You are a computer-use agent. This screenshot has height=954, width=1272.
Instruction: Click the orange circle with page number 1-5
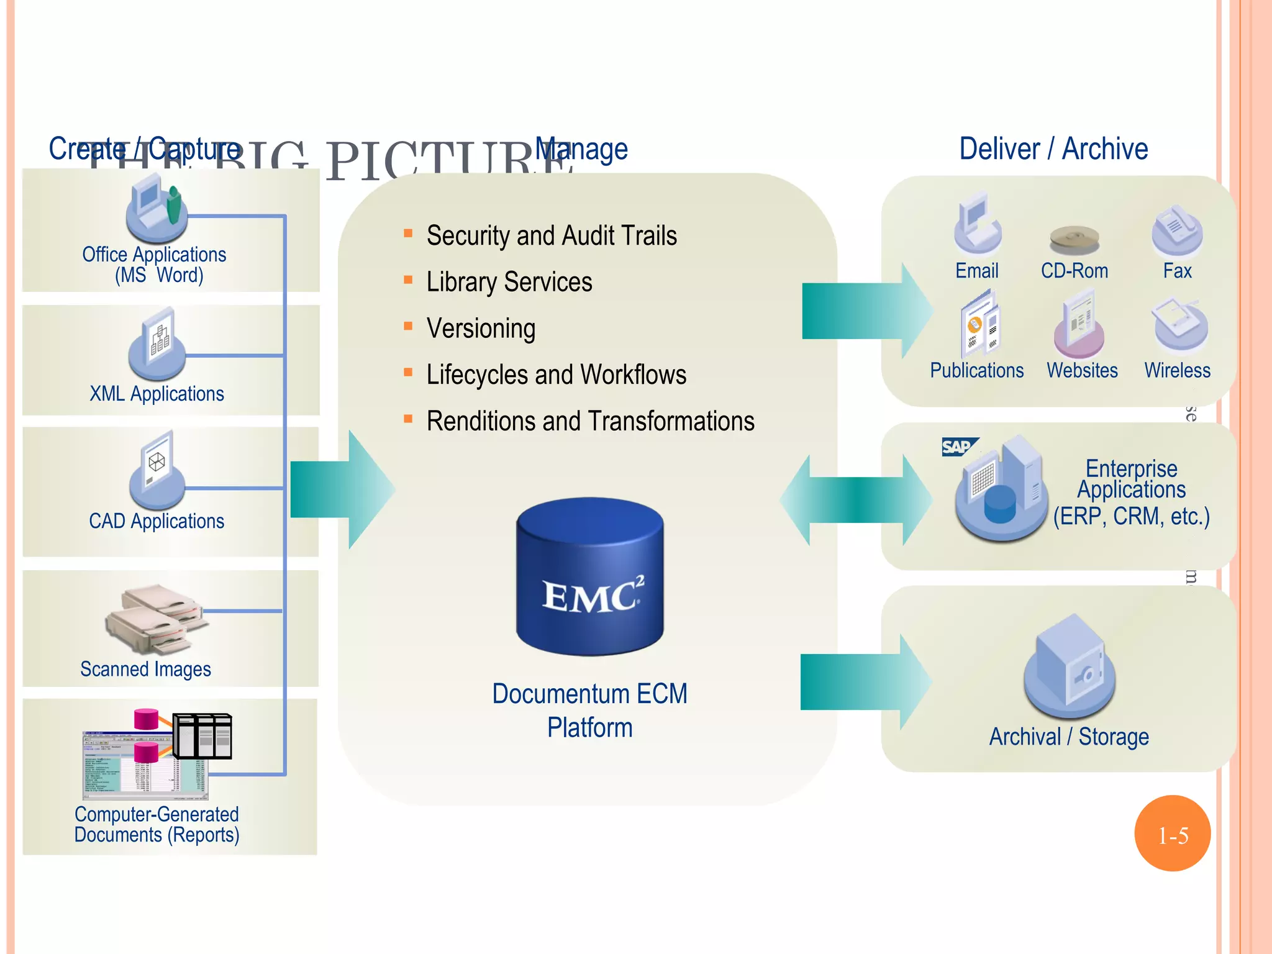tap(1172, 834)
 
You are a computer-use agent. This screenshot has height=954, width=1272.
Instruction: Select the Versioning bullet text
tap(481, 328)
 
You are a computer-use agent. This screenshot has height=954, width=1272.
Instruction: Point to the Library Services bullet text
tap(509, 282)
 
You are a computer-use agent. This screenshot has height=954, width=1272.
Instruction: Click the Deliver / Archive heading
tap(1053, 149)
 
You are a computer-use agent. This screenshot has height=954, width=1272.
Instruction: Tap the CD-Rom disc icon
tap(1074, 239)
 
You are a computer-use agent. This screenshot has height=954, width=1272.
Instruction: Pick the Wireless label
tap(1177, 370)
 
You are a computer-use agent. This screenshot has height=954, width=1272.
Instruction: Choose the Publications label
tap(976, 370)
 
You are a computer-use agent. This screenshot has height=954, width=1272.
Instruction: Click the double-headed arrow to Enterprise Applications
tap(856, 500)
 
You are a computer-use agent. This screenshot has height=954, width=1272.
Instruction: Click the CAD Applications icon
tap(157, 470)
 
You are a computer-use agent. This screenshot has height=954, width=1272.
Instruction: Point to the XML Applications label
tap(157, 394)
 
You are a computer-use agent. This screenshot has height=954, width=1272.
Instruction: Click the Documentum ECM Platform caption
tap(589, 711)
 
